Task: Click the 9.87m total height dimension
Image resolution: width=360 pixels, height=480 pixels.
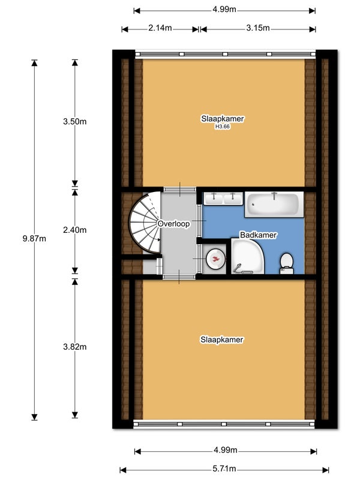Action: [34, 238]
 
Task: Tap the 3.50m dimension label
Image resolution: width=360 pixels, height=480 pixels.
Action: [74, 122]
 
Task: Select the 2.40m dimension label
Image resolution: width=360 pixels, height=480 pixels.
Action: [74, 230]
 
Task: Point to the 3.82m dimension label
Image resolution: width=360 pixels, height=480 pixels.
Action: [74, 347]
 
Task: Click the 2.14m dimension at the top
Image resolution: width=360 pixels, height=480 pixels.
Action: [160, 28]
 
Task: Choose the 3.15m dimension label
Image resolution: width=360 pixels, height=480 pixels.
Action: [258, 28]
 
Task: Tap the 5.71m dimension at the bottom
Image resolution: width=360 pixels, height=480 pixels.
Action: [224, 469]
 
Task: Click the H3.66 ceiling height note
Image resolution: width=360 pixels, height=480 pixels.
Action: [223, 127]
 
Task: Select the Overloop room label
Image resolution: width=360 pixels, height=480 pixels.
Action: [173, 224]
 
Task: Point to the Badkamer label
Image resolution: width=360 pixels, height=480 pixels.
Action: [259, 235]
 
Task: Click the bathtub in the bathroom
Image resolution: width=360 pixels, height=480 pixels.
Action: [274, 205]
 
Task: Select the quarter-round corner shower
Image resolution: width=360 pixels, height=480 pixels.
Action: [247, 257]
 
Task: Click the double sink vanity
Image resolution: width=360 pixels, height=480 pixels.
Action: [223, 199]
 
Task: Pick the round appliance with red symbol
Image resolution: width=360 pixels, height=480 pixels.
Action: [215, 259]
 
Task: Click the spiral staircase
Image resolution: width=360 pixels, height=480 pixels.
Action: [145, 223]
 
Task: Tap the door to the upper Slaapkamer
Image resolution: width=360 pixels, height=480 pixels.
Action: [179, 190]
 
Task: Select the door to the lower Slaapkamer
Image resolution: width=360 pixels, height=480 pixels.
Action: [179, 277]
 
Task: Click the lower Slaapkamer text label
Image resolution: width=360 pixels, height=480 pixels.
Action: [222, 340]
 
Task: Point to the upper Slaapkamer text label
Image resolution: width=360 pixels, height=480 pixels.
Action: [223, 119]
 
